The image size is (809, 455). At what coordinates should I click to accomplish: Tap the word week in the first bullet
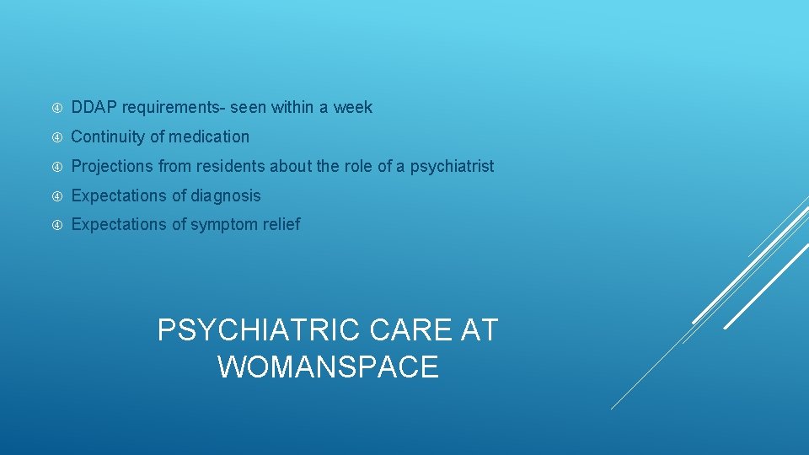353,108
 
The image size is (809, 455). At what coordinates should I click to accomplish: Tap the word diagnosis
226,195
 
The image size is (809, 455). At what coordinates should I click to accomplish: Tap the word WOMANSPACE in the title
328,367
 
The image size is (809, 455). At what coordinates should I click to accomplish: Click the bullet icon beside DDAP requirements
56,108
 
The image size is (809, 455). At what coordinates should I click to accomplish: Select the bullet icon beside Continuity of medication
56,137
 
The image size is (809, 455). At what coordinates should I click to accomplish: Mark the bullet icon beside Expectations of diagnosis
56,196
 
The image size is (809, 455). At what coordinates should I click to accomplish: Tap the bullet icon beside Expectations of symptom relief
56,225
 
